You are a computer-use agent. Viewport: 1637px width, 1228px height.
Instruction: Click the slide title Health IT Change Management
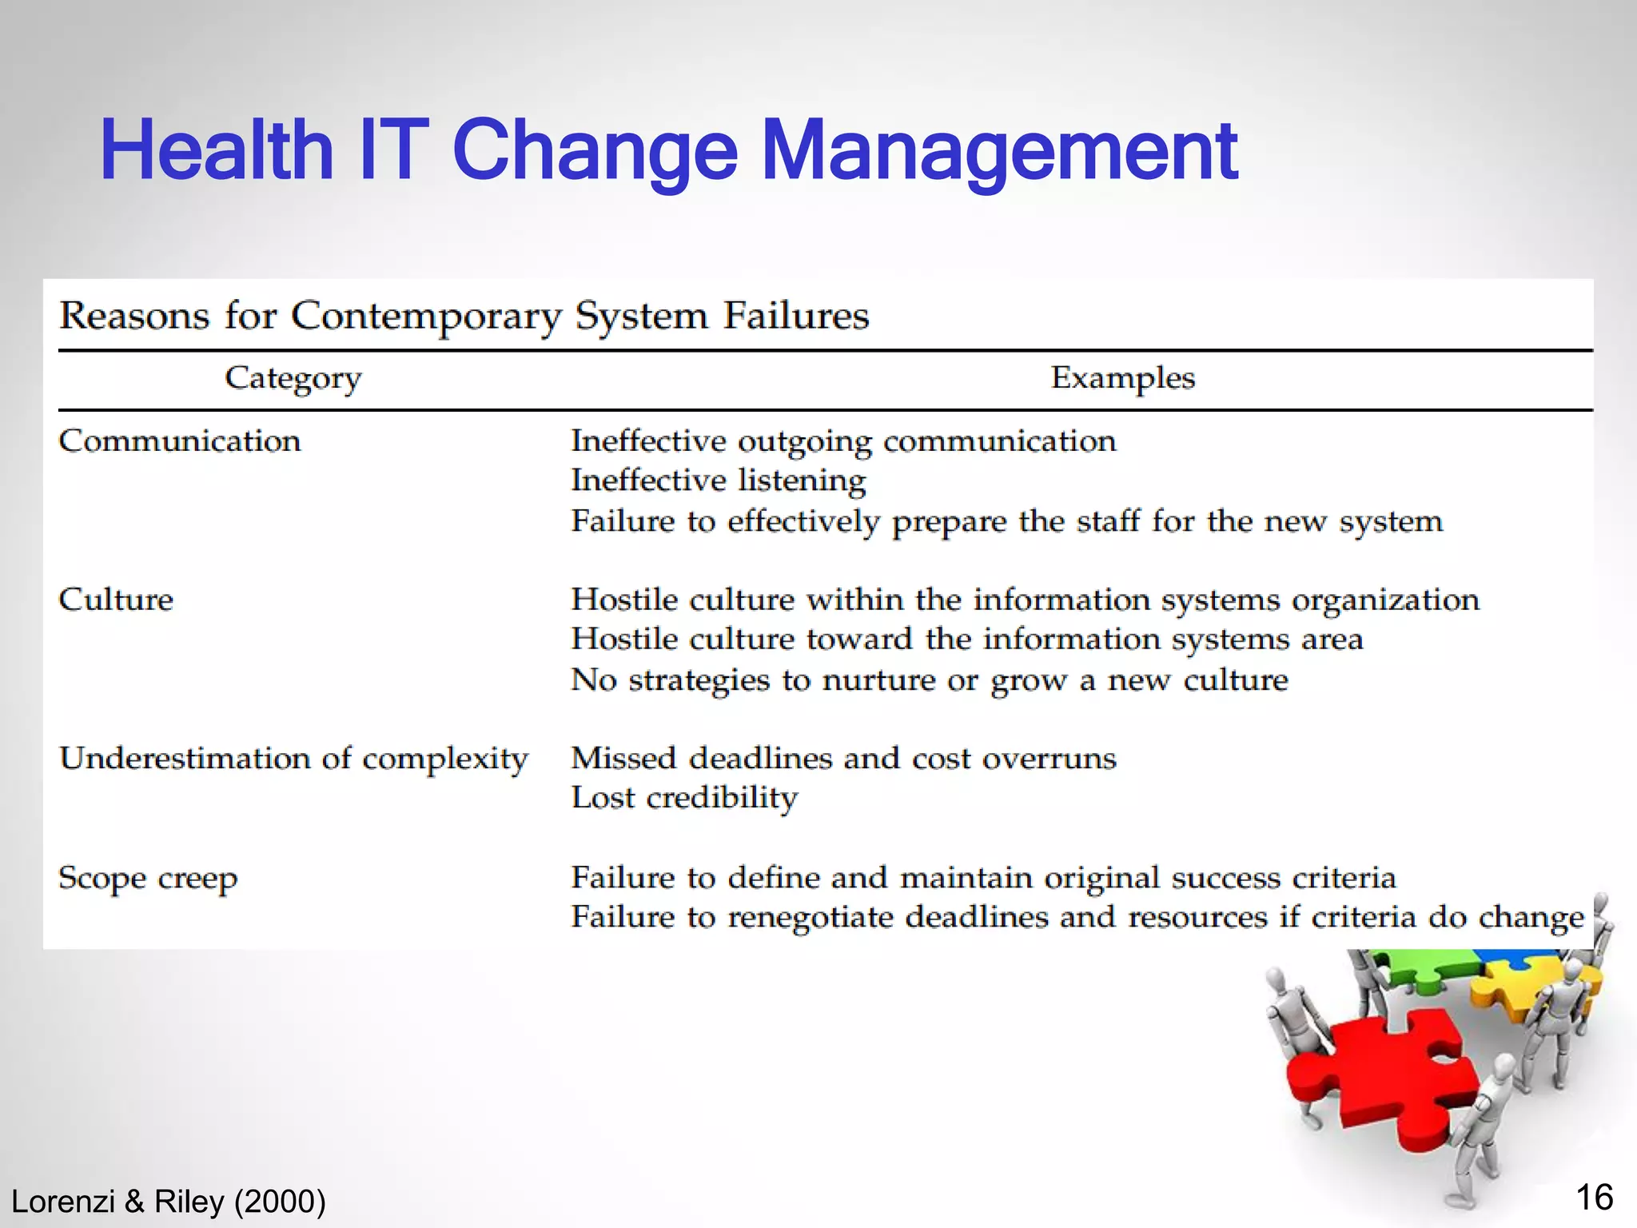(x=668, y=150)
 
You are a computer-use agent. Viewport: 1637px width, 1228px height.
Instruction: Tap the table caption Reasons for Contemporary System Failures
(x=464, y=315)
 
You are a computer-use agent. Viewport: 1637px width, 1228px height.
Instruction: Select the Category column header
(x=293, y=378)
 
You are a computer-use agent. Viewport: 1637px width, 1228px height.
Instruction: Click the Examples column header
(x=1122, y=378)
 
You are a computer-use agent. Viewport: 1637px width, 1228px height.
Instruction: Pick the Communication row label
(x=180, y=441)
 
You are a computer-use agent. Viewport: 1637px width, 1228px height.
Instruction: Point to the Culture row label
(x=116, y=600)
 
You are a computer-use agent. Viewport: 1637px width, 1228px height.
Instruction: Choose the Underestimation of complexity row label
(x=293, y=759)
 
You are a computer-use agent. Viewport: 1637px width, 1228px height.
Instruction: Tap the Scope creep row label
(x=148, y=879)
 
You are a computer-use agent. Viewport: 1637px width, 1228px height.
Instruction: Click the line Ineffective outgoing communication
(x=843, y=441)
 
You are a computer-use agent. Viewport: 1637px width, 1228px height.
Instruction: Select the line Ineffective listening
(x=718, y=480)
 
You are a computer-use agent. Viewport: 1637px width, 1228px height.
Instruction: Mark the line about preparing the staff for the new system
(x=1006, y=521)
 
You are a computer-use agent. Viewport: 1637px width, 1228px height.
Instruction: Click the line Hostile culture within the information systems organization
(x=1025, y=600)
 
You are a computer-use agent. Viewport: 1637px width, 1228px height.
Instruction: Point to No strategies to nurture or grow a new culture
(x=929, y=680)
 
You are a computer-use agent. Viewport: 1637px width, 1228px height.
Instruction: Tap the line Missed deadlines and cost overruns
(x=843, y=759)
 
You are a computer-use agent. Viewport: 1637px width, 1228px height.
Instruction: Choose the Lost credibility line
(x=684, y=798)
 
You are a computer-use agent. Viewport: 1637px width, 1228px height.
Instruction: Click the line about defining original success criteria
(x=983, y=878)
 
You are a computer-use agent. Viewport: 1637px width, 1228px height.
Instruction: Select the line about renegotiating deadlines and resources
(x=1077, y=917)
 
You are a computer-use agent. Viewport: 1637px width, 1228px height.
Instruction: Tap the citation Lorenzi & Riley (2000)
(x=169, y=1202)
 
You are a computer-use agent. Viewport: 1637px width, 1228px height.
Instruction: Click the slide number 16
(x=1594, y=1198)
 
